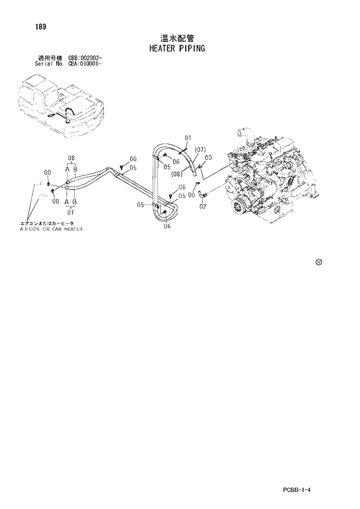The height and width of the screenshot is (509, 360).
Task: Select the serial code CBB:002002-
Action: point(85,58)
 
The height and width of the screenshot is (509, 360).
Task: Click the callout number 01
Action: point(188,138)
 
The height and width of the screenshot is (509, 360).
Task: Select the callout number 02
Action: point(203,206)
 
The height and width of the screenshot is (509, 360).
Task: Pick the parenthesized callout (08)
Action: point(178,173)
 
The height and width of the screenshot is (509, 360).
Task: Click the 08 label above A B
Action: point(72,158)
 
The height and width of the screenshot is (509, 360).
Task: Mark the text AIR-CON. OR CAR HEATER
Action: point(51,230)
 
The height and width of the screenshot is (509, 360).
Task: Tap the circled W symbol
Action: point(319,262)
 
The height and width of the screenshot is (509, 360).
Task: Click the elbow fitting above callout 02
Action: point(199,190)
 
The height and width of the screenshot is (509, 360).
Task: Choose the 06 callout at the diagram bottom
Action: point(167,227)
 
